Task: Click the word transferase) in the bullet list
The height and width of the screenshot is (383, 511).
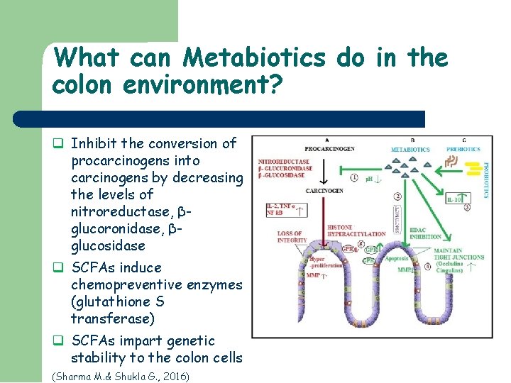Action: tap(112, 318)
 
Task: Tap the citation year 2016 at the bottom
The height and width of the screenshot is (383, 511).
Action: tap(172, 376)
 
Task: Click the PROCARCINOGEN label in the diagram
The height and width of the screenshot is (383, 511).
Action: tap(330, 149)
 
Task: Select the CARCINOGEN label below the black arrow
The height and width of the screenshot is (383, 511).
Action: tap(324, 191)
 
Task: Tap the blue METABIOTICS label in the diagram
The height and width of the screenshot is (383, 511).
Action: tap(410, 150)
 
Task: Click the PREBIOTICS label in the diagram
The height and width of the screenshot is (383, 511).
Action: tap(463, 150)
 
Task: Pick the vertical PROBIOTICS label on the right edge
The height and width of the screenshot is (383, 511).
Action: tap(487, 177)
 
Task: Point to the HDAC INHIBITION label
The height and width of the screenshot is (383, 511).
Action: tap(426, 233)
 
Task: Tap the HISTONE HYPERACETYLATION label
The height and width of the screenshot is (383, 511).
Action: tap(346, 231)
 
